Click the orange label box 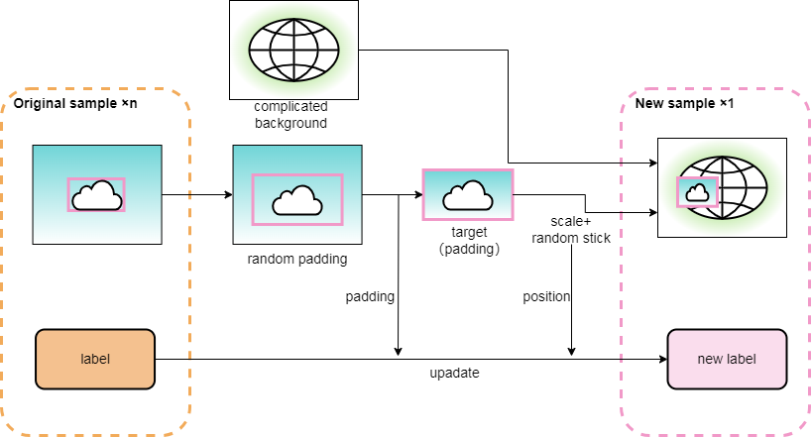pos(95,359)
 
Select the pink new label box pos(727,359)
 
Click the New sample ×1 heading pos(684,104)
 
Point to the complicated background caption pos(290,115)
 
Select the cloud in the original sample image pos(97,196)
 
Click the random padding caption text pos(296,260)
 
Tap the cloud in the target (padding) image pos(468,195)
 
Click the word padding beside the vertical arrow pos(370,296)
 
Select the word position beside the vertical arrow pos(546,296)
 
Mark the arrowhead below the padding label pos(398,351)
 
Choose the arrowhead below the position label pos(572,351)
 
